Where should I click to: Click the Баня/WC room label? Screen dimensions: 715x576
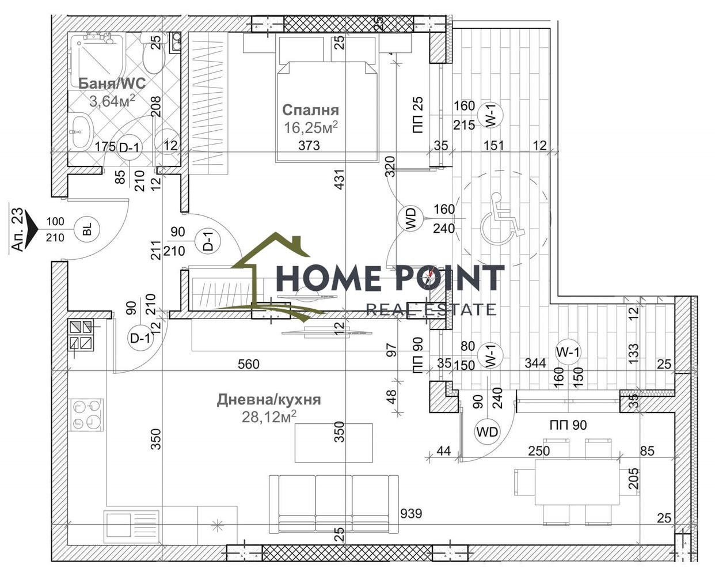[x=112, y=83]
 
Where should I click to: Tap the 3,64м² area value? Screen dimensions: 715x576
[x=112, y=100]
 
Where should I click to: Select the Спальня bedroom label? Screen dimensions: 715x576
[x=311, y=110]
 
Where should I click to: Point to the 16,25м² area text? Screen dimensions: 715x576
[x=311, y=127]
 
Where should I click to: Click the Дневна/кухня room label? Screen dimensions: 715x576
[x=269, y=400]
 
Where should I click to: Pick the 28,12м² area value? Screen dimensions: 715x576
[x=269, y=416]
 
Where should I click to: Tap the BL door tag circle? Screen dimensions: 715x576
[x=87, y=229]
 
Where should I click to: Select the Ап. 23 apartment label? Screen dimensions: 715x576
[x=18, y=229]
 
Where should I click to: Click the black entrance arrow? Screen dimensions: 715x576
[x=33, y=229]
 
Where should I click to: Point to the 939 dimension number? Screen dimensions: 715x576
[x=411, y=514]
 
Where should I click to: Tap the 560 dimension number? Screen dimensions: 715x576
[x=249, y=364]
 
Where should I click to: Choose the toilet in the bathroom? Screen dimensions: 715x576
[x=154, y=55]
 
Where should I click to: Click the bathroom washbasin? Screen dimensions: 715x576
[x=81, y=131]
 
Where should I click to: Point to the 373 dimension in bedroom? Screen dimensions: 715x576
[x=309, y=145]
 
